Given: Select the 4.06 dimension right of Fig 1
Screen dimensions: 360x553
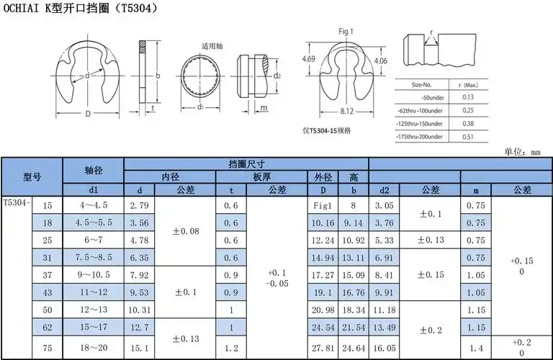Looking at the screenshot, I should tap(381, 61).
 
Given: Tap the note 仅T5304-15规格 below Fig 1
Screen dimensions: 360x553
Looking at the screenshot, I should tap(327, 130).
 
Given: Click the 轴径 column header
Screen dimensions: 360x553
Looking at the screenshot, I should tap(94, 171).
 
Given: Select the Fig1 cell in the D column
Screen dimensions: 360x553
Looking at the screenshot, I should tap(322, 206).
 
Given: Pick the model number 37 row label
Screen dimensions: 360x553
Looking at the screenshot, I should tap(48, 274).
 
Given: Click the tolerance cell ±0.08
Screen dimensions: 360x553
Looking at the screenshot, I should tap(186, 232).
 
